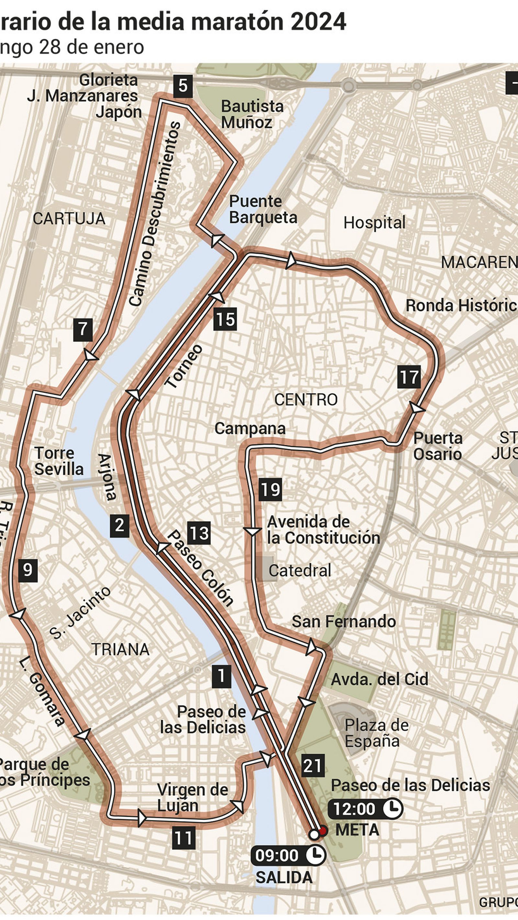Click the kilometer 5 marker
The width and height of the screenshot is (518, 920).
coord(183,86)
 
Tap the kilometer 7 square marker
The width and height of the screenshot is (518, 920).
coord(83,330)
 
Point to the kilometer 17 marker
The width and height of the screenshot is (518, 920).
coord(409,377)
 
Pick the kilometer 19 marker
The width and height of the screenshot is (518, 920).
coord(270,489)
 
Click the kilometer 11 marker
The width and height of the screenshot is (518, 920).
coord(184,838)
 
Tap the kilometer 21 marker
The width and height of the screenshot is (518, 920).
coord(313,766)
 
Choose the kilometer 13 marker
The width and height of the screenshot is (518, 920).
coord(199,533)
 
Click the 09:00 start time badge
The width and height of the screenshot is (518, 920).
coord(288,855)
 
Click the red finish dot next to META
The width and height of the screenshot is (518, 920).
coord(323,831)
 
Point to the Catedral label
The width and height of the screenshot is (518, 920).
coord(299,571)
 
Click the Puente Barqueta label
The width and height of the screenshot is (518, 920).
coord(263,209)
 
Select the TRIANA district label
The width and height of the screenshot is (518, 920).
coord(121,649)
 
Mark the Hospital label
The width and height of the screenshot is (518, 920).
coord(374,223)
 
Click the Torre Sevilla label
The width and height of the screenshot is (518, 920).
coord(59,461)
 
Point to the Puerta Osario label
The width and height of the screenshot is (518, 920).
coord(438,446)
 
